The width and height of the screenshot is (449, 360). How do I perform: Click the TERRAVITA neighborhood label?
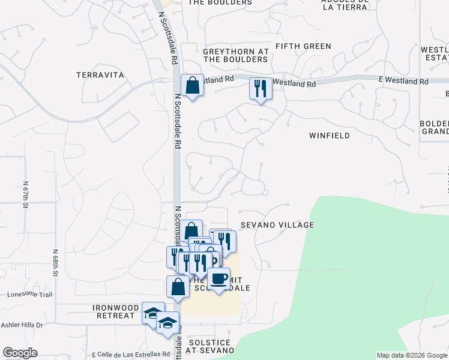tap(100, 75)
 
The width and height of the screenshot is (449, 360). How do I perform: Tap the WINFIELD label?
tap(330, 136)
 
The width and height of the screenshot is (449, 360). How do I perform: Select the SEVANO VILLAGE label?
tap(277, 225)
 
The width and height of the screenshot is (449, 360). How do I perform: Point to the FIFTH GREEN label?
tap(303, 46)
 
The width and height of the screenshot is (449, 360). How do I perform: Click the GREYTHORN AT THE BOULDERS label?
tap(236, 56)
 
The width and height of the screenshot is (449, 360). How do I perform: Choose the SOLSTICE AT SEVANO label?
tap(211, 346)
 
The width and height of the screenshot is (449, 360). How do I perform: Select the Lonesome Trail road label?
tap(31, 295)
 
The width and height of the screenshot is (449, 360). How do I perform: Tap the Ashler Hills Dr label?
tap(23, 325)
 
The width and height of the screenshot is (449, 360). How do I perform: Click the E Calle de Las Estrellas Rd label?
tap(131, 354)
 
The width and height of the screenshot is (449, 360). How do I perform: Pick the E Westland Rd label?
tap(403, 81)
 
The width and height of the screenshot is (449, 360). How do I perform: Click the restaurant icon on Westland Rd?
tap(261, 89)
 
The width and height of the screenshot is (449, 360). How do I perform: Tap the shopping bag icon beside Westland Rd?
tap(192, 85)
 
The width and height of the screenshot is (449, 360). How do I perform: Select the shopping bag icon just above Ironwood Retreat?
tap(178, 286)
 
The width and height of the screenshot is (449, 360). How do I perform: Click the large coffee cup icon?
tap(218, 278)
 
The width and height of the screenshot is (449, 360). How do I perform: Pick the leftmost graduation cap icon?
tap(154, 313)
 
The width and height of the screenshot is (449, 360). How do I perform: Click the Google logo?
tap(20, 353)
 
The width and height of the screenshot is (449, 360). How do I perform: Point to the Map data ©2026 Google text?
tap(412, 355)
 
